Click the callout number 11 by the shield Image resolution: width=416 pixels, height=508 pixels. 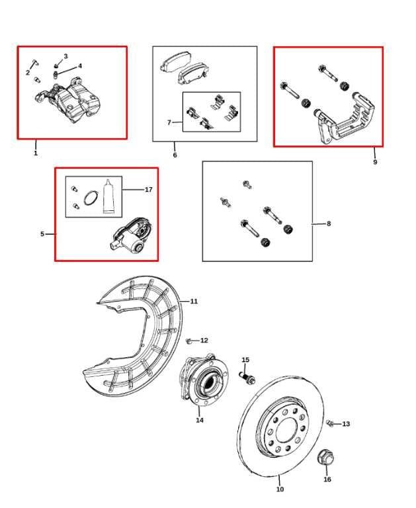[194, 302]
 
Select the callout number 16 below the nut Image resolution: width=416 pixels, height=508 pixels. [327, 480]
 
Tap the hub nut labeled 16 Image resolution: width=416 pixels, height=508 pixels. [325, 456]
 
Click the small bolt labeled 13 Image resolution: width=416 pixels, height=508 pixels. [331, 423]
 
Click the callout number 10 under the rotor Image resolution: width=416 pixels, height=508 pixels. [280, 489]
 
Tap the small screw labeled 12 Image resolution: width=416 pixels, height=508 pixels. [189, 341]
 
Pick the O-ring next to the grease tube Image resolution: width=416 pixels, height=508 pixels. [93, 196]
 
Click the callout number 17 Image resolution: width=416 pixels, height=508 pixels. [148, 190]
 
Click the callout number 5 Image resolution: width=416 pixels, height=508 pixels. [42, 234]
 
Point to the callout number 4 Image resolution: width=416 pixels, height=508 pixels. [80, 66]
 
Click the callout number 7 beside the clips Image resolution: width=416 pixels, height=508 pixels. [169, 122]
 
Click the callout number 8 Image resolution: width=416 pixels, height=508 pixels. [329, 224]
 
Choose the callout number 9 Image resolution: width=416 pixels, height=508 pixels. [375, 162]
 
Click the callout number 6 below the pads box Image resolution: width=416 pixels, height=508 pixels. [175, 155]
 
